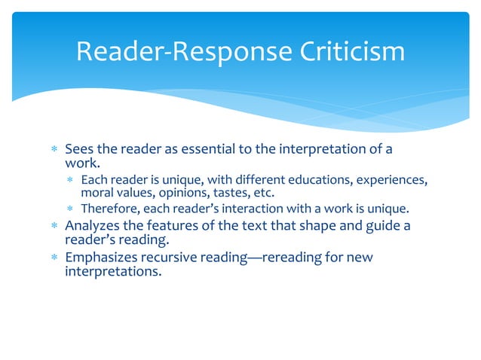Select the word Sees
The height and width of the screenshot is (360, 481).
(x=79, y=148)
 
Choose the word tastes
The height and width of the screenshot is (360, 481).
(x=223, y=193)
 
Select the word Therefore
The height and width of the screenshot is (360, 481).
(x=110, y=208)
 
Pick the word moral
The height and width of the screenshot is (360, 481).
(x=97, y=193)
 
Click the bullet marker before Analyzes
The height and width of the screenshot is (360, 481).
(x=55, y=225)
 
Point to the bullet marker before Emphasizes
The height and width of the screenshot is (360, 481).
(x=55, y=258)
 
